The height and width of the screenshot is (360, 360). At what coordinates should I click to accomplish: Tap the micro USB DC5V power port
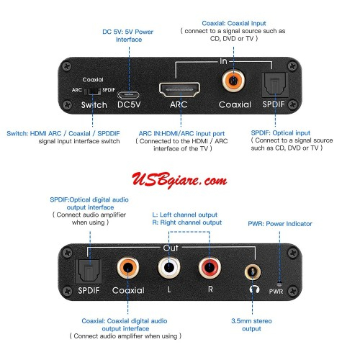[130, 93]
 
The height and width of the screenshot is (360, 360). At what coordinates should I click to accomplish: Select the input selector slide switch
[93, 92]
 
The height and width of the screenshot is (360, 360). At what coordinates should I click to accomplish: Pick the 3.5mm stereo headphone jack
[252, 272]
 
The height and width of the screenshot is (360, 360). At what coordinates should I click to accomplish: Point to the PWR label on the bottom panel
[276, 292]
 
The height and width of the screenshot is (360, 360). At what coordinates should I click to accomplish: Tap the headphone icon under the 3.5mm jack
[252, 290]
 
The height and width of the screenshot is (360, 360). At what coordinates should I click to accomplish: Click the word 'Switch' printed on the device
[94, 105]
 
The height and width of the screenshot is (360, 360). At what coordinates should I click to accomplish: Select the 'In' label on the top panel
[223, 62]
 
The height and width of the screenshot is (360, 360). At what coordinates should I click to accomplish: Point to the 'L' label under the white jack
[168, 291]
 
